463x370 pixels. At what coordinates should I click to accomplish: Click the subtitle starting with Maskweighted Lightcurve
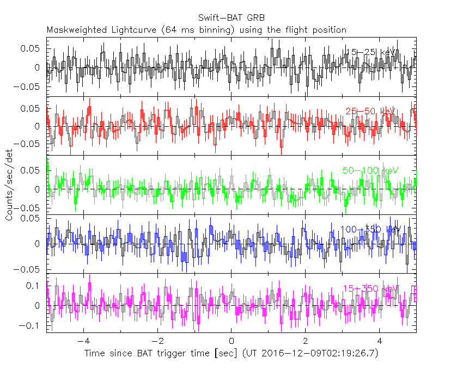[197, 29]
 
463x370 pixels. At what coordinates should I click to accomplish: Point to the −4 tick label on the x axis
[83, 342]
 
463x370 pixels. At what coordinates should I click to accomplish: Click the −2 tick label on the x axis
[157, 342]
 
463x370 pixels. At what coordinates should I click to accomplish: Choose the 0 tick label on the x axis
[231, 342]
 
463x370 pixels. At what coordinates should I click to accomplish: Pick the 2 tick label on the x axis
[306, 342]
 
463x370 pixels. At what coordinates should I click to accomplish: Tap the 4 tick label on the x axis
[380, 342]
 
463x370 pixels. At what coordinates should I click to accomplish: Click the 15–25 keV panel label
[371, 52]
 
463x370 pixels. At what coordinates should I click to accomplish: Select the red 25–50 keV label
[371, 112]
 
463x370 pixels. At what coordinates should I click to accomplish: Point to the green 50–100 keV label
[371, 170]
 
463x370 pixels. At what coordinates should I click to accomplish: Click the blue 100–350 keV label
[371, 229]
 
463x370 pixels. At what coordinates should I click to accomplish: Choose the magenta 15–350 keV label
[371, 288]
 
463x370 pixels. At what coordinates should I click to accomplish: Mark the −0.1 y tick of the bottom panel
[32, 325]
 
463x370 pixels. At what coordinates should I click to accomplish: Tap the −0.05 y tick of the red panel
[30, 144]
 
